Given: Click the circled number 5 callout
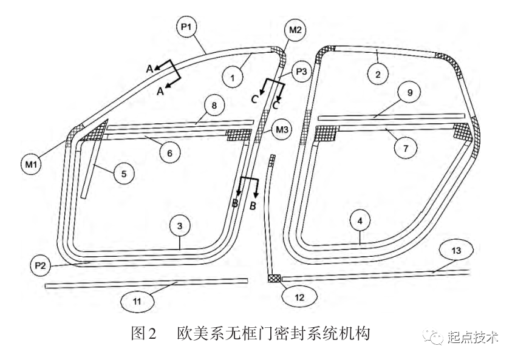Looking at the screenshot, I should coord(123,174).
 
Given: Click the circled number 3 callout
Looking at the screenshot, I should coord(180,226).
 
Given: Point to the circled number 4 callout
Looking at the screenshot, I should coord(360,222).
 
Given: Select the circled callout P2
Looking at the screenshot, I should coord(41,265).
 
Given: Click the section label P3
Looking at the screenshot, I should coord(301,71).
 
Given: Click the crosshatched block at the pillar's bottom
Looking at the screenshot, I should coord(273,278).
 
